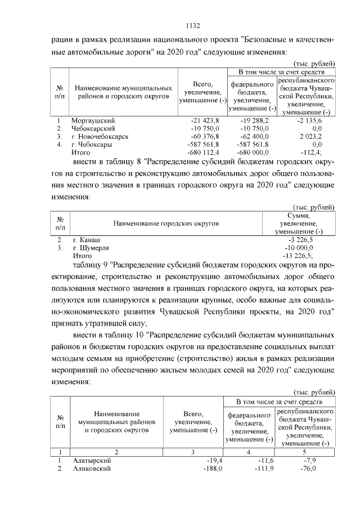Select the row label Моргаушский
point(93,121)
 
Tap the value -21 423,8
point(208,121)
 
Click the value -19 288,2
point(255,121)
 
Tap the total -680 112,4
point(207,152)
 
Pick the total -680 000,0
point(254,152)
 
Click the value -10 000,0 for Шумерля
point(300,247)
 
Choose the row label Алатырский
point(92,461)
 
